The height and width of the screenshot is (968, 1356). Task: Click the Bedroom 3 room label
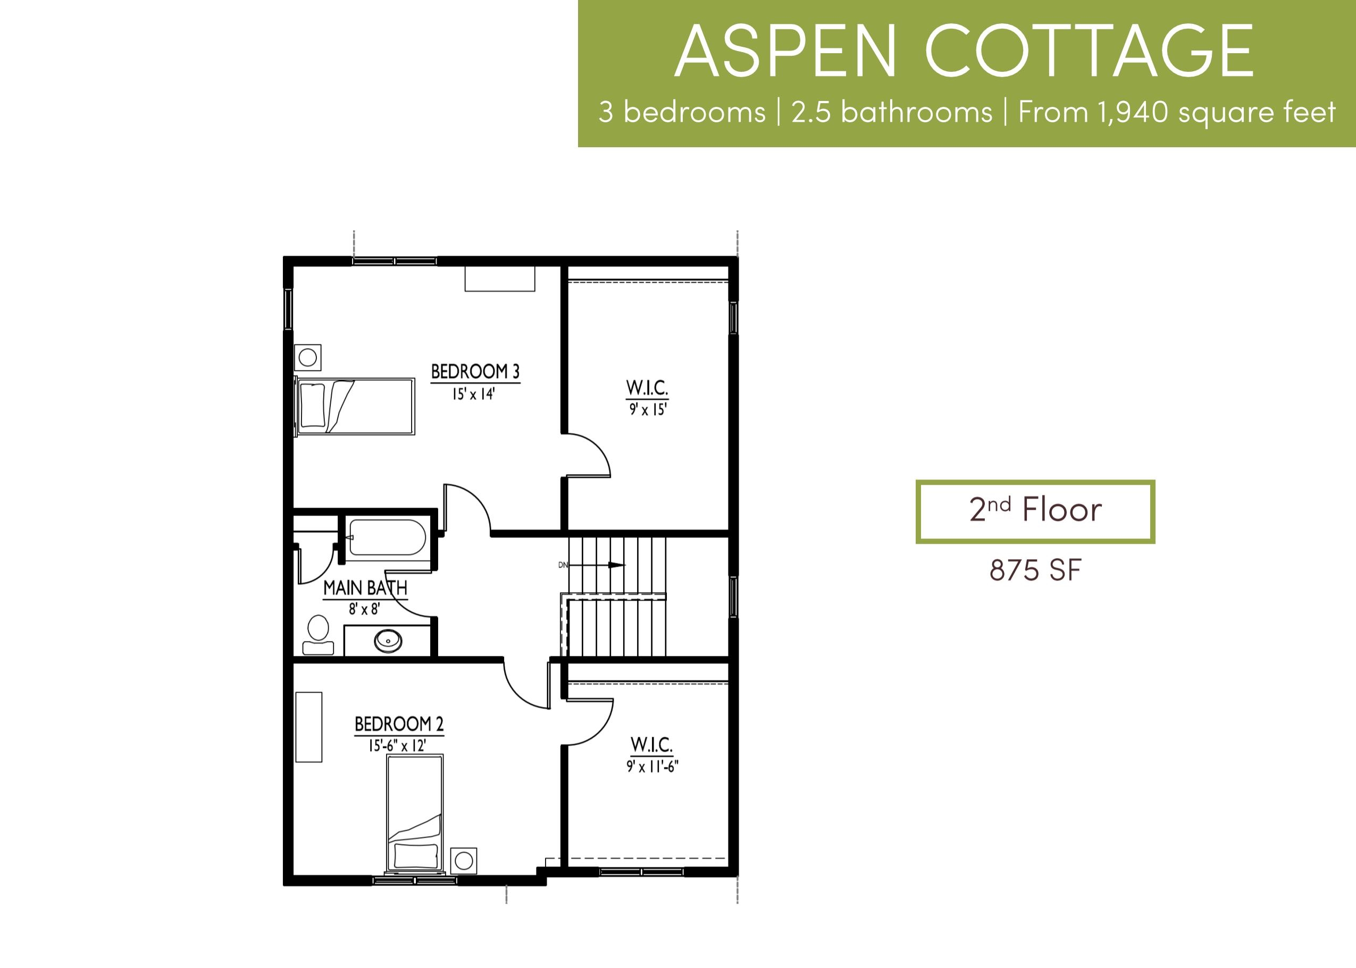pos(475,372)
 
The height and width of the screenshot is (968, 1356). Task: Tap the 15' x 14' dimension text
pos(473,394)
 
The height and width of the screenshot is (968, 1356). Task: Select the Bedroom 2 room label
pos(399,724)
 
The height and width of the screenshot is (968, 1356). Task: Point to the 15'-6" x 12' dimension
pos(397,746)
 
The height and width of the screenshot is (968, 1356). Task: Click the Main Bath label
pos(365,588)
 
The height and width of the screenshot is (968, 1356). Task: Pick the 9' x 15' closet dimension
pos(648,410)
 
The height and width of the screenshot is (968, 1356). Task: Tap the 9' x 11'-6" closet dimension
pos(652,767)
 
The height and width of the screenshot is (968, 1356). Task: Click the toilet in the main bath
pos(318,634)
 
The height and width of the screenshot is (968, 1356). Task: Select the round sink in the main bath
pos(388,641)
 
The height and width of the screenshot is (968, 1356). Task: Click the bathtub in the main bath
pos(387,537)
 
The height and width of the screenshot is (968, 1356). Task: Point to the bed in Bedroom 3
pos(355,406)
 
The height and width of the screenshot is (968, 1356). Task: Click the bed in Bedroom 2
pos(415,814)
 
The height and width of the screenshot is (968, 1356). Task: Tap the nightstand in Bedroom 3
pos(308,358)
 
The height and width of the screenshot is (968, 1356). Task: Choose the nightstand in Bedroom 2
pos(464,860)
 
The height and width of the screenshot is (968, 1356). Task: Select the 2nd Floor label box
pos(1035,511)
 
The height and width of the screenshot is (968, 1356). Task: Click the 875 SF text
pos(1035,570)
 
